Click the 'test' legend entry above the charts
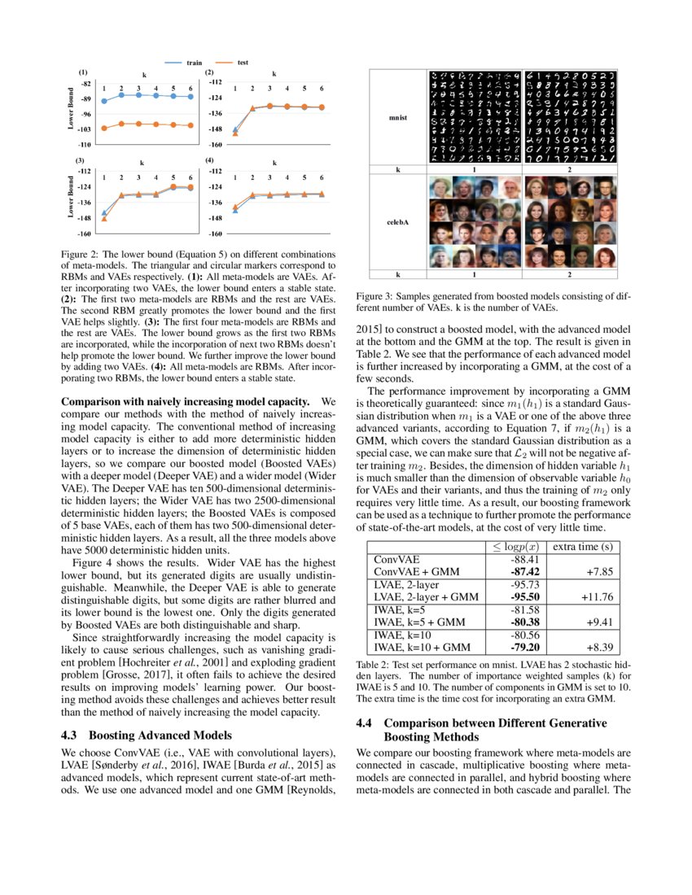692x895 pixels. point(243,63)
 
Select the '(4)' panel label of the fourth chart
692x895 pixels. point(210,160)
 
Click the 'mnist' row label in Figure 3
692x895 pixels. point(398,118)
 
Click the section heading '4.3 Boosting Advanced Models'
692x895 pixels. point(139,735)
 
